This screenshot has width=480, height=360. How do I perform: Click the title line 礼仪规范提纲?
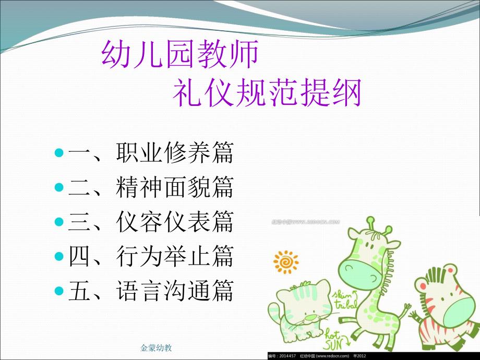click(x=267, y=94)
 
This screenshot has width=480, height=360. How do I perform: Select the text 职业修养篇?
click(x=175, y=153)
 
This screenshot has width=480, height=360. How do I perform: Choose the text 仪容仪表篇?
click(x=175, y=222)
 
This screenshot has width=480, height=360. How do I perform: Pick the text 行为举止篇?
click(x=175, y=257)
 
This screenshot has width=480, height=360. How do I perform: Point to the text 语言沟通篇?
click(x=175, y=291)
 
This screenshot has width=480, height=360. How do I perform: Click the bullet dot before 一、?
click(x=59, y=153)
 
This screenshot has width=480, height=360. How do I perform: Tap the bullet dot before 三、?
click(x=59, y=222)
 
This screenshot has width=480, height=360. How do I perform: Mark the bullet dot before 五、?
click(x=59, y=291)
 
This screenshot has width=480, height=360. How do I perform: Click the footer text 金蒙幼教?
click(x=157, y=347)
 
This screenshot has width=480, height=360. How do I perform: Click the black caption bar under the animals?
click(x=373, y=356)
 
